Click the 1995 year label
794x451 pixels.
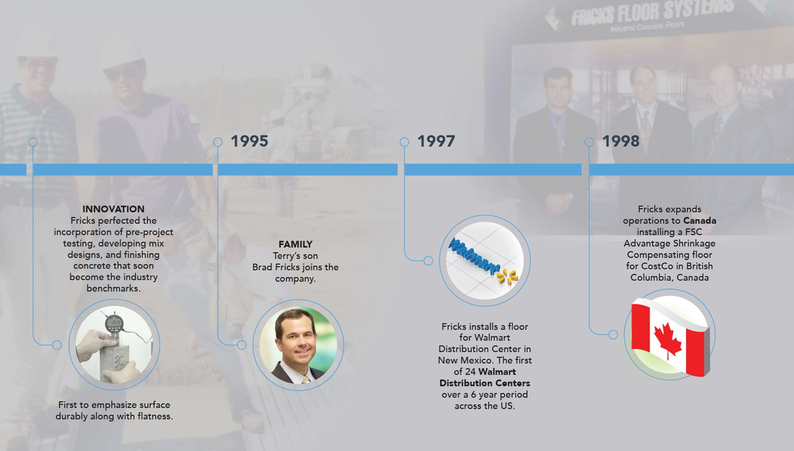click(250, 141)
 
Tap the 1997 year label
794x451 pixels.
click(436, 141)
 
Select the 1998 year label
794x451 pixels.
click(621, 141)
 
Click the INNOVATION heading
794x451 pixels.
click(114, 209)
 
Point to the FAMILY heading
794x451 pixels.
click(295, 244)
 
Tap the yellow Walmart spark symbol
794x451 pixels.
click(507, 277)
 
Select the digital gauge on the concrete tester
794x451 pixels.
click(114, 323)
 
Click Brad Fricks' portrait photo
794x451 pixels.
click(298, 345)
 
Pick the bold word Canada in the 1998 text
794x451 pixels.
click(700, 221)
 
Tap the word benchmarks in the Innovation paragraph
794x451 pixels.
click(114, 288)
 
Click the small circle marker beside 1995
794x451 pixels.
click(218, 142)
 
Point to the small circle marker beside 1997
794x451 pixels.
click(404, 142)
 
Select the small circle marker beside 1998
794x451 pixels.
click(589, 142)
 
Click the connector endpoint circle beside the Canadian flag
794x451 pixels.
click(613, 334)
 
